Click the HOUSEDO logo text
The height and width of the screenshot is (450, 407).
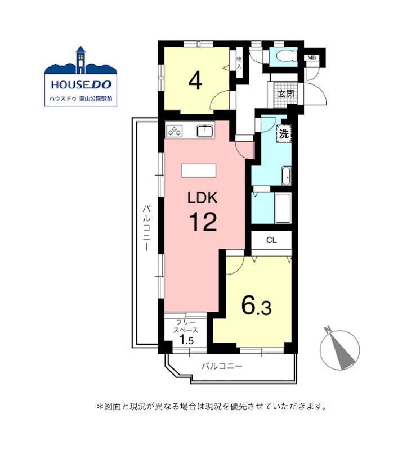[x=81, y=84]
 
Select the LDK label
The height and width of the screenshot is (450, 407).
[x=202, y=198]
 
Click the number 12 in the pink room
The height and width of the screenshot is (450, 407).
[x=203, y=222]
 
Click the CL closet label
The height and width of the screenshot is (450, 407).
[x=271, y=240]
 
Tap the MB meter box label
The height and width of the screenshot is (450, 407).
[x=312, y=58]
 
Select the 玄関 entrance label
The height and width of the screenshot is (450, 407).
[x=286, y=93]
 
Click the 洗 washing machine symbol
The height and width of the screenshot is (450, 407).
[x=284, y=133]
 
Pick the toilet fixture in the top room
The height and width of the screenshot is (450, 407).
[x=285, y=57]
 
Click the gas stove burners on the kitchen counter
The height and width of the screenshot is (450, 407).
[x=175, y=132]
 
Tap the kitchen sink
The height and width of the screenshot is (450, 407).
[x=205, y=131]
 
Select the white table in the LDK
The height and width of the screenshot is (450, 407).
[x=199, y=170]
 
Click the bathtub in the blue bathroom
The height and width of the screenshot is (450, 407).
[x=283, y=208]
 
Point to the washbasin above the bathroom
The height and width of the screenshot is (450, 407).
[x=286, y=175]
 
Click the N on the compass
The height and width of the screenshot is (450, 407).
[x=327, y=330]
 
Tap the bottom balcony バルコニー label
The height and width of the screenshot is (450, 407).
[x=222, y=366]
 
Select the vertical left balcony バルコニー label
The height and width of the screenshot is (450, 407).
[x=146, y=228]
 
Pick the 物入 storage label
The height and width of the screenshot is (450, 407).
[x=239, y=63]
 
